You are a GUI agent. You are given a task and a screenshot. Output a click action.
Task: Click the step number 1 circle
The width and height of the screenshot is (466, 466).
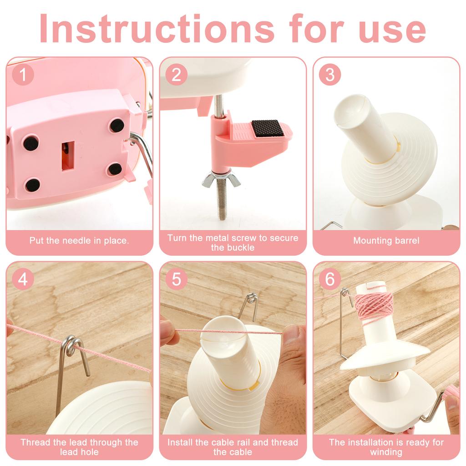pyautogui.click(x=22, y=75)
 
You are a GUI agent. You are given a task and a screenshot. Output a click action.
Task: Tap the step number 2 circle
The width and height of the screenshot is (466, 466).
pyautogui.click(x=176, y=75)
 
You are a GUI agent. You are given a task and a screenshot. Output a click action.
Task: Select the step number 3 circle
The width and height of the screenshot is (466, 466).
pyautogui.click(x=329, y=75)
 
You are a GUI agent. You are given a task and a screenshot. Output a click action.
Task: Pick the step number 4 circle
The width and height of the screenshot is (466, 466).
pyautogui.click(x=22, y=279)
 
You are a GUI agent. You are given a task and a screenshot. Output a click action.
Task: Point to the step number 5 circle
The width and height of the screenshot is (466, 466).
pyautogui.click(x=176, y=279)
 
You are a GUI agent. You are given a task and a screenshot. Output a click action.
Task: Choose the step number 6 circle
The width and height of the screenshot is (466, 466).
pyautogui.click(x=329, y=279)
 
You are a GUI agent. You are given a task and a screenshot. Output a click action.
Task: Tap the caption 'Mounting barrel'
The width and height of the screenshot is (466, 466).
pyautogui.click(x=386, y=241)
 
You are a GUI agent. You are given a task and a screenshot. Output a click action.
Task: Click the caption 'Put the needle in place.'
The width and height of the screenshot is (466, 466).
pyautogui.click(x=79, y=241)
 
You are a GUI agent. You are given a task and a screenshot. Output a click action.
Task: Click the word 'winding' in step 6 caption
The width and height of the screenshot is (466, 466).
pyautogui.click(x=386, y=452)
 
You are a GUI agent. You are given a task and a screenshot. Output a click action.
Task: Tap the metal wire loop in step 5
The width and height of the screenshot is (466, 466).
pyautogui.click(x=250, y=305)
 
